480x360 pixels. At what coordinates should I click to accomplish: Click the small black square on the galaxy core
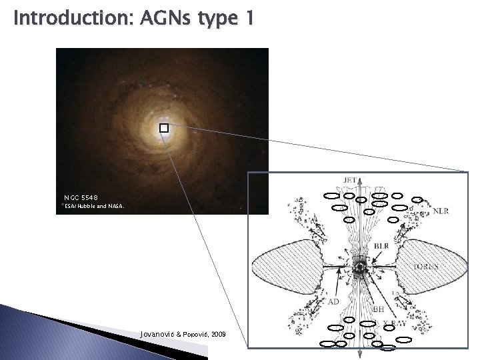click(x=163, y=127)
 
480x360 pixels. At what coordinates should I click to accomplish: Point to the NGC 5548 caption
click(x=81, y=198)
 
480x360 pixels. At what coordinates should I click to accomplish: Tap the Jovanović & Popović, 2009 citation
click(x=183, y=331)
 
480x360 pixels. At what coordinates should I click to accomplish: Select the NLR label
click(x=441, y=212)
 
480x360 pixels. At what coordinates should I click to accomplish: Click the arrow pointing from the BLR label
click(x=373, y=256)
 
